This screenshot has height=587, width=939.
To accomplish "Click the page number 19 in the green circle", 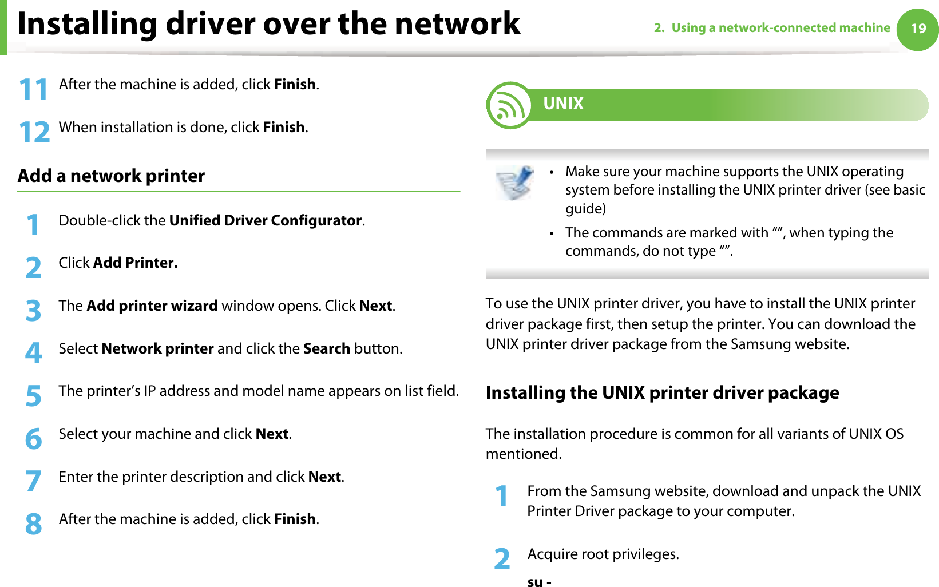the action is (918, 29).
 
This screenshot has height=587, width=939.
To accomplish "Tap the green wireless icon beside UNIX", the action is (509, 105).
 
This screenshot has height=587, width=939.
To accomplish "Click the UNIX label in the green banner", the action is (563, 104).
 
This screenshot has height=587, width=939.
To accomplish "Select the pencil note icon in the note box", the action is (514, 183).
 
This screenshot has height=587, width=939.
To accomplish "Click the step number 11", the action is (33, 90).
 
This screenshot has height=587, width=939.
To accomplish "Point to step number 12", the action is (34, 133).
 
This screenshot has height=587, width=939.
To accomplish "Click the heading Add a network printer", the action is (111, 176).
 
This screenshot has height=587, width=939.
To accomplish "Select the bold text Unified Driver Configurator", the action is (266, 220).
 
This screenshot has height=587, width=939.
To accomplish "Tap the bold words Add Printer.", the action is (135, 263).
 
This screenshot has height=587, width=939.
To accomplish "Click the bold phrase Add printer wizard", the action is (152, 306).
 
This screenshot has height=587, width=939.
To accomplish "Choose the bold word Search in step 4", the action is (326, 348).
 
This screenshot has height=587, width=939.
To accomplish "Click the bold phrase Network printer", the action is (157, 348).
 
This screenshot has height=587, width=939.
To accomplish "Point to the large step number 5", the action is (34, 396).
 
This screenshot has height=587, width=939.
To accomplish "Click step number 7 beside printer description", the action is (34, 481).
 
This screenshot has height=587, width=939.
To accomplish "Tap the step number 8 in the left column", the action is (34, 524).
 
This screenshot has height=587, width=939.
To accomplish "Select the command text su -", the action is (539, 581).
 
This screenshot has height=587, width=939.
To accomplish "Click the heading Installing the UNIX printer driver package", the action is (662, 392).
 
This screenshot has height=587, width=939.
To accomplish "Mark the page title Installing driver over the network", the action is (269, 24).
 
